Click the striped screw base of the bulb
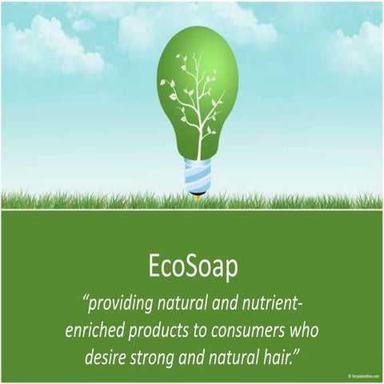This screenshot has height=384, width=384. [x=198, y=175]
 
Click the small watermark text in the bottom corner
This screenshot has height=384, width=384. [x=365, y=375]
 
